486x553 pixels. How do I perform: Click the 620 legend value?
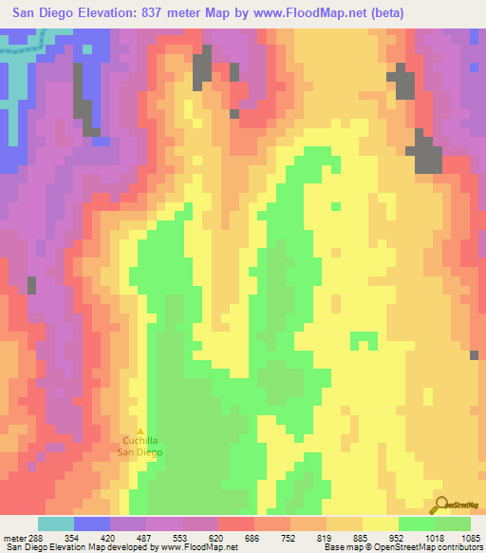click(201, 537)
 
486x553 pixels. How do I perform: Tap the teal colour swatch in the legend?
click(56, 524)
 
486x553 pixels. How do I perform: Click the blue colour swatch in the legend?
click(92, 524)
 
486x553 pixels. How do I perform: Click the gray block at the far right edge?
click(475, 355)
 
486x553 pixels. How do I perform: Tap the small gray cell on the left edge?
click(31, 284)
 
